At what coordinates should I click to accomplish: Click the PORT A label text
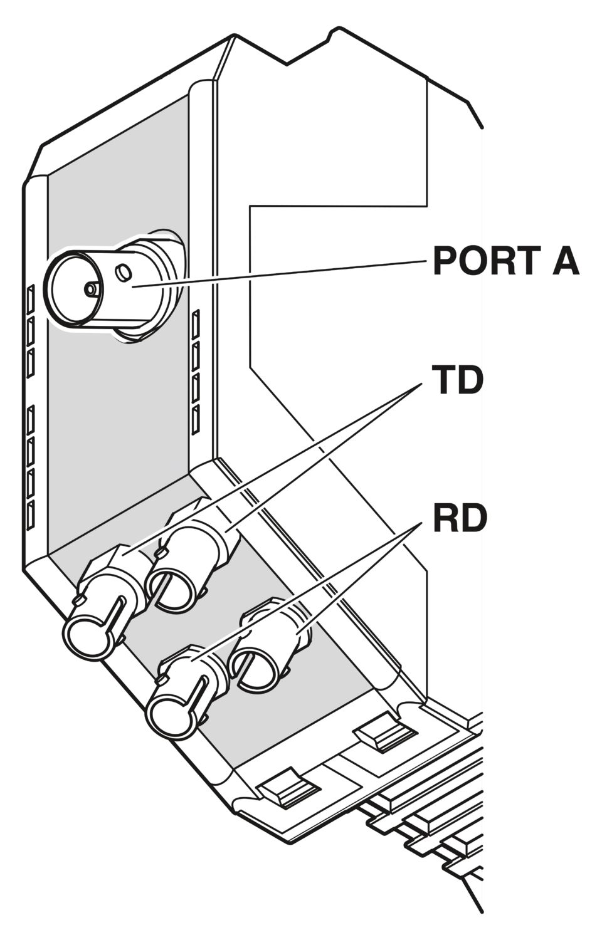(506, 261)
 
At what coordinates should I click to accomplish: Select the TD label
(458, 381)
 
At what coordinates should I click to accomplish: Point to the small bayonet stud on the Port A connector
(124, 273)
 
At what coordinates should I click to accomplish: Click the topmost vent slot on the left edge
(31, 300)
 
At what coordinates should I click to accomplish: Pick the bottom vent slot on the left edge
(30, 515)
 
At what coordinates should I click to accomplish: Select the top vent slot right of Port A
(196, 325)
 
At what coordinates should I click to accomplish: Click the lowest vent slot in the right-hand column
(195, 420)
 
